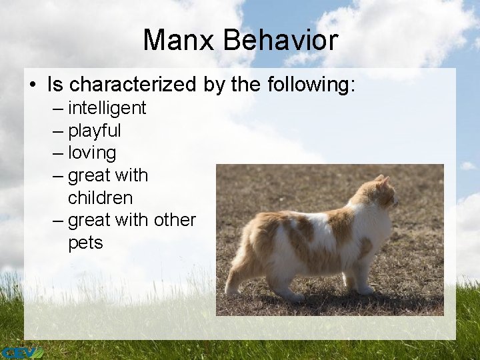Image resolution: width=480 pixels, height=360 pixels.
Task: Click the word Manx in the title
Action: tap(180, 40)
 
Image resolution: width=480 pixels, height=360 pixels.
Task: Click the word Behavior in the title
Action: tap(281, 40)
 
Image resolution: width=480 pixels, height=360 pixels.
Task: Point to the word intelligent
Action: tap(107, 107)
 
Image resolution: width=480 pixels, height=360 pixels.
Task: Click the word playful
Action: tap(95, 130)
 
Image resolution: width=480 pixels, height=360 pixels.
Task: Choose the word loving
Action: tap(92, 153)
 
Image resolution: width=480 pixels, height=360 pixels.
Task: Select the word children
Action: tap(100, 198)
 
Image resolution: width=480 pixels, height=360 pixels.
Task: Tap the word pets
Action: tap(85, 243)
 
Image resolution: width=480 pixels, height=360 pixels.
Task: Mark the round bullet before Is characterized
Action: tap(33, 85)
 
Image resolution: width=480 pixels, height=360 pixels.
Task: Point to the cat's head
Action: tap(381, 195)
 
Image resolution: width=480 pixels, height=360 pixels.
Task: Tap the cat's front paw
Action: tap(365, 291)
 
